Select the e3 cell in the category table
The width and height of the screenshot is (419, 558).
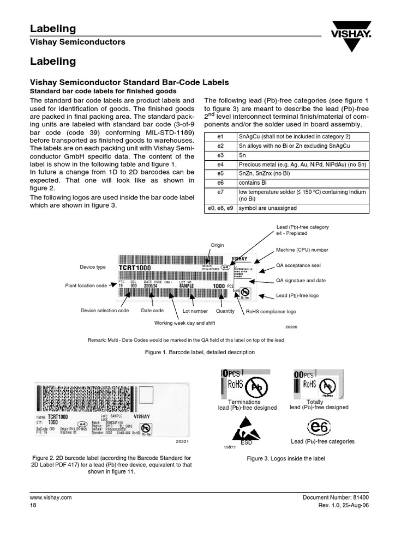coord(220,155)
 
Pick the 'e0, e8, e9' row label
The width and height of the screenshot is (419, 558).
coord(220,208)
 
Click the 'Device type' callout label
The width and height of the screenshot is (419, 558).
coord(93,267)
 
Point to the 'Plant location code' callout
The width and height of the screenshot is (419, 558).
coord(86,286)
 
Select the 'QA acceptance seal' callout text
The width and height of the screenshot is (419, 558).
coord(300,268)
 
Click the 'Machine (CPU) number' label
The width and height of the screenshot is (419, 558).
coord(302,250)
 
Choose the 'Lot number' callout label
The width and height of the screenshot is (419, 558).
coord(195,311)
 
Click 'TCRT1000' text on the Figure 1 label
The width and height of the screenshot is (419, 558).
coord(135,268)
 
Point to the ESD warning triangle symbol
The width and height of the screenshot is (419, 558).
coord(246,430)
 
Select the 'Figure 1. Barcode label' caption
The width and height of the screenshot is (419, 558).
coord(200,353)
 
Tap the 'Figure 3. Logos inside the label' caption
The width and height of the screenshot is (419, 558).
coord(286,459)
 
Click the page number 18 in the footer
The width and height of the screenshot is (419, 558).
coord(33,505)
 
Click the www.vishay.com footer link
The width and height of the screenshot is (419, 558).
coord(51,498)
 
